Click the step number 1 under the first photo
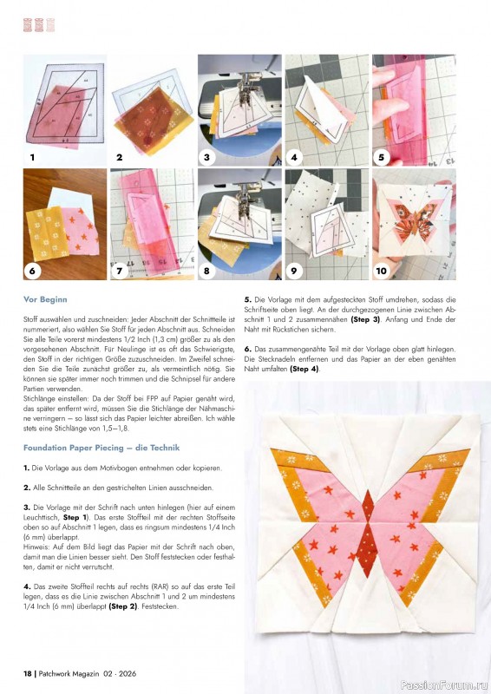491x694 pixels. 32,158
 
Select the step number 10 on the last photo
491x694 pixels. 382,271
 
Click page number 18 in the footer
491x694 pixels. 28,673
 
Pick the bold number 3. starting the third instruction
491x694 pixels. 27,506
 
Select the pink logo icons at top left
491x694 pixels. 38,25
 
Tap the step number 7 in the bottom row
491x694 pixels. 119,271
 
